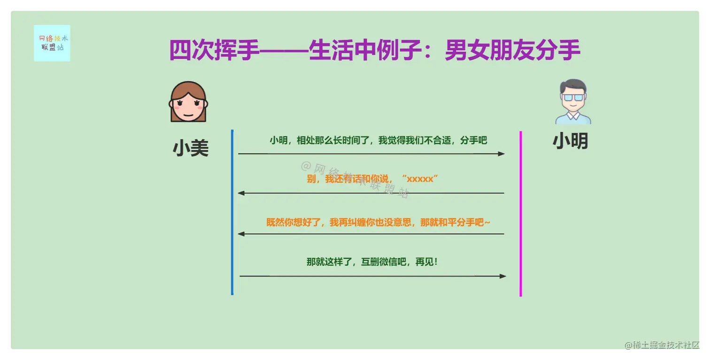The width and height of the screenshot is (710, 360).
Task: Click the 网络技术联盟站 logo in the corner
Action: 52,43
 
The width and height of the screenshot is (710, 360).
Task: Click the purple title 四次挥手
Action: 214,51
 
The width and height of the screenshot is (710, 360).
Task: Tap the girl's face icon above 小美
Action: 188,102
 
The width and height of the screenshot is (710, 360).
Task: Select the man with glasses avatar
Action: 573,101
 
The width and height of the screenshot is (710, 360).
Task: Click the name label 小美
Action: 191,148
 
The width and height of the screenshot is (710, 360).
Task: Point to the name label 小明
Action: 570,140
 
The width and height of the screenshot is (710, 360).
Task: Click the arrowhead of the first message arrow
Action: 502,153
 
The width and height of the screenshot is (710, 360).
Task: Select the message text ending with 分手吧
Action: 378,140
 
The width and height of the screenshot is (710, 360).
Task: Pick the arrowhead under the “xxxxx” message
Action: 241,193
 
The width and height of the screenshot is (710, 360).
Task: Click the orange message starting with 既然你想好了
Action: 378,222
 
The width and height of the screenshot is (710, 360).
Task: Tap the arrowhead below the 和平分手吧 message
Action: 241,234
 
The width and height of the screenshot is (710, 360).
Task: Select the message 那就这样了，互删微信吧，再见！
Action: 372,262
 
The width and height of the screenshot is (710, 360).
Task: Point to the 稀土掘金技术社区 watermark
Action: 664,345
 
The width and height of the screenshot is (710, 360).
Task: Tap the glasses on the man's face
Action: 573,98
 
